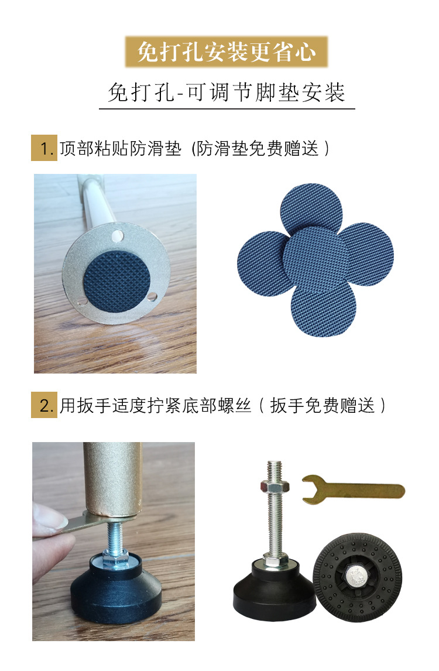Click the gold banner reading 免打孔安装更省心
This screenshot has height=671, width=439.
pos(227,52)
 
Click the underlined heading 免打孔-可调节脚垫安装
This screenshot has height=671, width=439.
pos(227,93)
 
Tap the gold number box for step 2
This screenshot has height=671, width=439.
pos(43,405)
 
